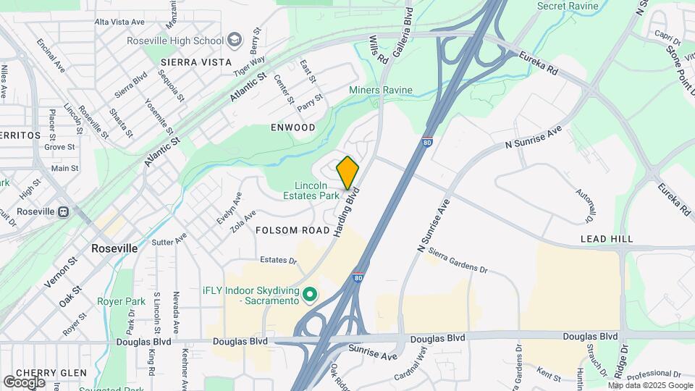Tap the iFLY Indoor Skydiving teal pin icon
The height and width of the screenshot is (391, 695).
click(310, 294)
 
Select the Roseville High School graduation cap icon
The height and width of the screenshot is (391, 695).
click(235, 41)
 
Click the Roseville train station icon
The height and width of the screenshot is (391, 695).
click(64, 211)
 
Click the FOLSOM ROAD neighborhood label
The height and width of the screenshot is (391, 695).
click(292, 230)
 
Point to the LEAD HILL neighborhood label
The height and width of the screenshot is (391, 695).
click(607, 238)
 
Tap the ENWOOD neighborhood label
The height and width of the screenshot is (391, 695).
click(293, 127)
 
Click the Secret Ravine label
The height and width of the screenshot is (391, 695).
click(568, 6)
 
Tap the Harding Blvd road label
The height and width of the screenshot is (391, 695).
click(347, 213)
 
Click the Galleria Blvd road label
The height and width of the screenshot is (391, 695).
click(403, 33)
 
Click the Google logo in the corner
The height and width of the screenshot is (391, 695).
click(24, 382)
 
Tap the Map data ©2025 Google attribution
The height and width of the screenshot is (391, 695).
click(639, 385)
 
